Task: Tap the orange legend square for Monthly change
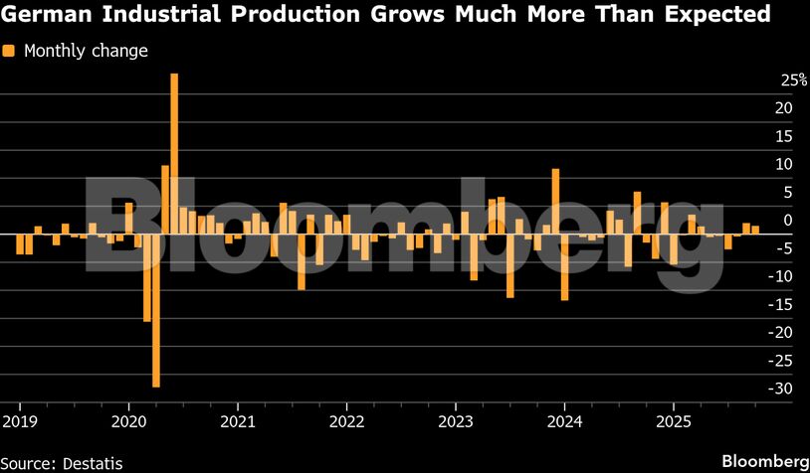(x=8, y=51)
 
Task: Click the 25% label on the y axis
(x=765, y=79)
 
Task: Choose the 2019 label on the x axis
(x=20, y=408)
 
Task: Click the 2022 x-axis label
(x=346, y=408)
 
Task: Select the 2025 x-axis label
(x=674, y=408)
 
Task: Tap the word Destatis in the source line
(x=94, y=462)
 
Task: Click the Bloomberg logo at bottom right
(x=764, y=461)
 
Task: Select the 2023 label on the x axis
(x=456, y=408)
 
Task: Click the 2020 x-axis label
(x=128, y=408)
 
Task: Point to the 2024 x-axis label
(x=564, y=408)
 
